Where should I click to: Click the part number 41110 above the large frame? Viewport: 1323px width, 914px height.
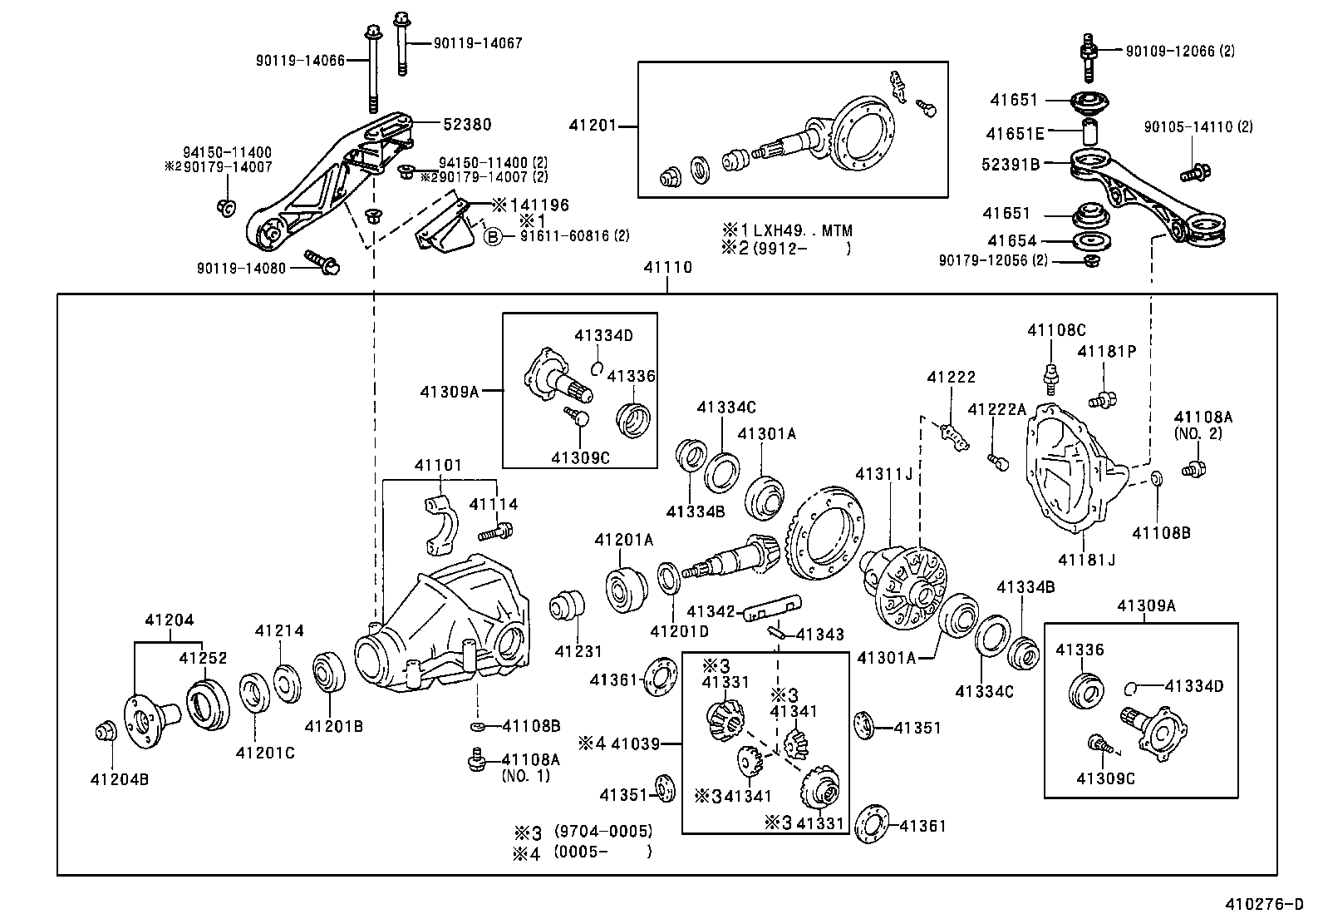pos(667,268)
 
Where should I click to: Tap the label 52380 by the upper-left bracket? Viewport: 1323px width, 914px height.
pos(466,125)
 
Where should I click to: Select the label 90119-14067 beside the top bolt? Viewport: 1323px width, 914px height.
pos(478,43)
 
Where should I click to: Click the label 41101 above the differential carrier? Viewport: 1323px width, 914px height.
pos(438,466)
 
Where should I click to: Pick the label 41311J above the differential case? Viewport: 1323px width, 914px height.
pos(884,474)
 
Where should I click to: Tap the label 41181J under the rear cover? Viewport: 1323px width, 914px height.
pos(1086,560)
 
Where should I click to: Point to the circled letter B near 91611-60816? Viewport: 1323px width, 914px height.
pos(493,237)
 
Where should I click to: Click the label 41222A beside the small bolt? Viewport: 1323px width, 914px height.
pos(997,409)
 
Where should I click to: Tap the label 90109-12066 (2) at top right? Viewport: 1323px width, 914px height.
pos(1180,51)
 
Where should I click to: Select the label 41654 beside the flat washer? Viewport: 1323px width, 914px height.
pos(1011,241)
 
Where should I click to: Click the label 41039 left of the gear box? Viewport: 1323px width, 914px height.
pos(635,744)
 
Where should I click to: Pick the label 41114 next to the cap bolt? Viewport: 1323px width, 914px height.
pos(493,504)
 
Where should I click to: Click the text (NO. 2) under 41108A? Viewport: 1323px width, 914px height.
pos(1198,433)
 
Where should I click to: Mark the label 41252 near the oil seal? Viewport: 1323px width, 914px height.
pos(203,659)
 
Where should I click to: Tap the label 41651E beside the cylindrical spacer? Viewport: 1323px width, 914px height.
pos(1015,133)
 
